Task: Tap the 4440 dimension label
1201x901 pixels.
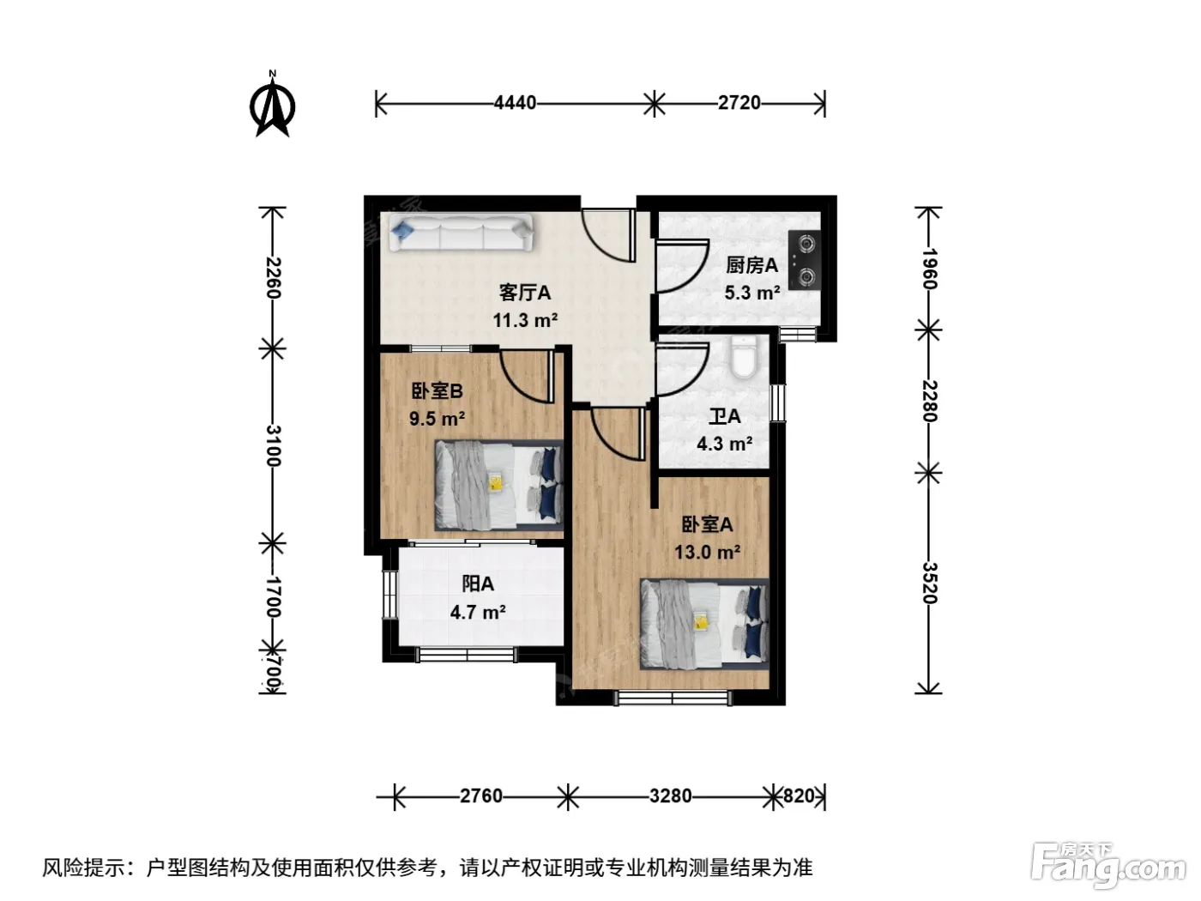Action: [x=515, y=103]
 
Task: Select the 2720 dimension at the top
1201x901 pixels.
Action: [x=739, y=103]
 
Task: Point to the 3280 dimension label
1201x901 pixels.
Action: [x=670, y=796]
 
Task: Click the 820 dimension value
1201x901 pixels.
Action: [x=799, y=796]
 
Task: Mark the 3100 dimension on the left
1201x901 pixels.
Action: [x=273, y=445]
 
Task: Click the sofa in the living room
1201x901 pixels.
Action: [x=462, y=233]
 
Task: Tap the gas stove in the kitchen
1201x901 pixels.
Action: [x=805, y=260]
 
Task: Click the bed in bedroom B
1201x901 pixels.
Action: [x=499, y=486]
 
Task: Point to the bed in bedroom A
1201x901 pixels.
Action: [x=705, y=624]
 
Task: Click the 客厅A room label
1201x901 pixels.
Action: [x=525, y=293]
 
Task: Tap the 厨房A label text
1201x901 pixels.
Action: [x=751, y=266]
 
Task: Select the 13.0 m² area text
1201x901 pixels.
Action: [x=707, y=552]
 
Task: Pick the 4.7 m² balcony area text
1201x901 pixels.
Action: [x=478, y=612]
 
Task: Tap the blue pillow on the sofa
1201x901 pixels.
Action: [x=402, y=229]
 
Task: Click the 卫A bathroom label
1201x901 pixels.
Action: [x=724, y=417]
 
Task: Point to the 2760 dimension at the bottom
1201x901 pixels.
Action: [x=480, y=796]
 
